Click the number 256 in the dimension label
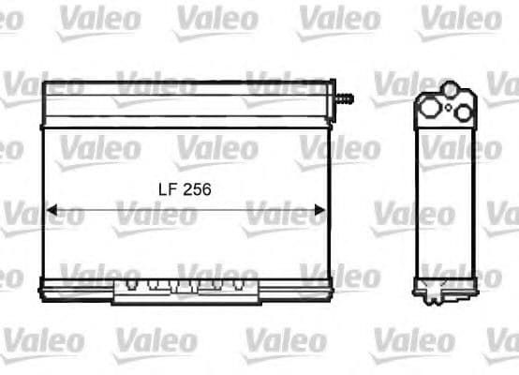point(196,188)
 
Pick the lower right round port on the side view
point(461,112)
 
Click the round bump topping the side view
point(451,90)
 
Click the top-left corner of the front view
point(44,82)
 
